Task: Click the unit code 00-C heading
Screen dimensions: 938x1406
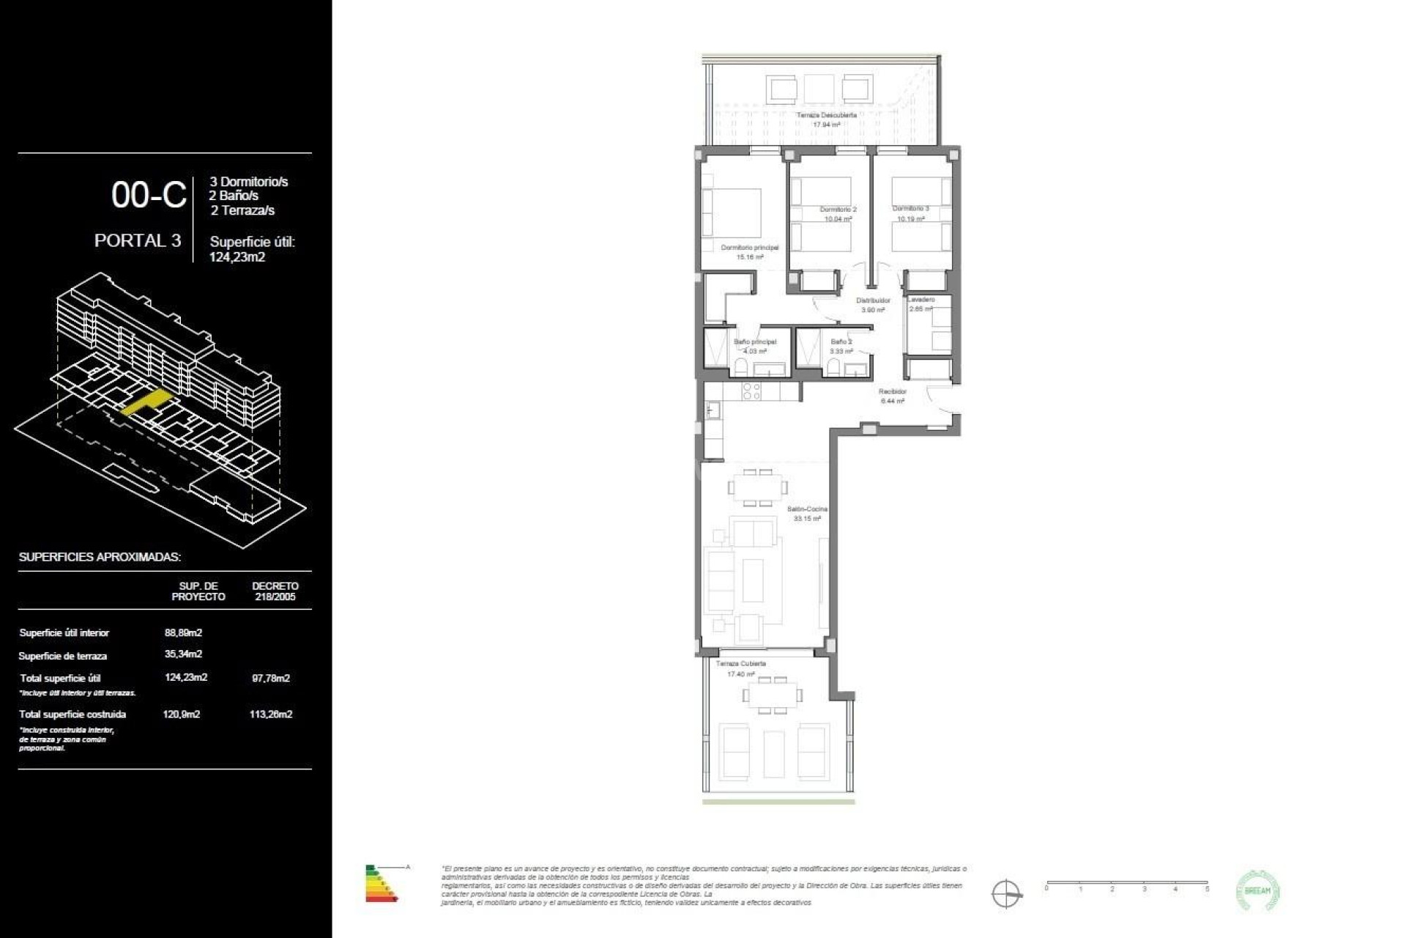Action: click(x=149, y=195)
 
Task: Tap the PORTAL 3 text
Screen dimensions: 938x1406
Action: click(x=138, y=240)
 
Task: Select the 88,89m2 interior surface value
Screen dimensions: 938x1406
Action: click(x=183, y=632)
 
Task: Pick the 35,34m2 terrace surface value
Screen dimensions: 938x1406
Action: click(x=183, y=654)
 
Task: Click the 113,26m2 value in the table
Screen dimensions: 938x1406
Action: click(x=271, y=714)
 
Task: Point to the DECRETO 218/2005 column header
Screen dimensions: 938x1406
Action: click(x=275, y=591)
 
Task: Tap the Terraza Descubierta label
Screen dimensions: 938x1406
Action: click(x=826, y=116)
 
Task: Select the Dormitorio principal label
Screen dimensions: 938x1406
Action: click(x=749, y=248)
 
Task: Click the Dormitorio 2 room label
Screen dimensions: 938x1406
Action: click(x=838, y=210)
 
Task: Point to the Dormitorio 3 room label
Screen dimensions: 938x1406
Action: click(x=910, y=209)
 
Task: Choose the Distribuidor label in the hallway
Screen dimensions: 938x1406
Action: click(x=873, y=300)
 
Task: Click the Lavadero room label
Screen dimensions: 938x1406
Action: click(x=920, y=300)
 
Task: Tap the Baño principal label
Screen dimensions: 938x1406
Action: click(x=754, y=341)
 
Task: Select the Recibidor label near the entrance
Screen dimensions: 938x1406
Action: click(x=893, y=391)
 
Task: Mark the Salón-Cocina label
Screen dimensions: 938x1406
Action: click(x=807, y=509)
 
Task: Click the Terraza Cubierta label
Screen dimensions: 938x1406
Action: click(x=740, y=663)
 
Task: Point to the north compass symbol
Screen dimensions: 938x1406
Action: click(x=1006, y=894)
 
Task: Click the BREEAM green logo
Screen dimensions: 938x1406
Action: click(x=1258, y=891)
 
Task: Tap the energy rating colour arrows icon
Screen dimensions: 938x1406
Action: click(x=381, y=883)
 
